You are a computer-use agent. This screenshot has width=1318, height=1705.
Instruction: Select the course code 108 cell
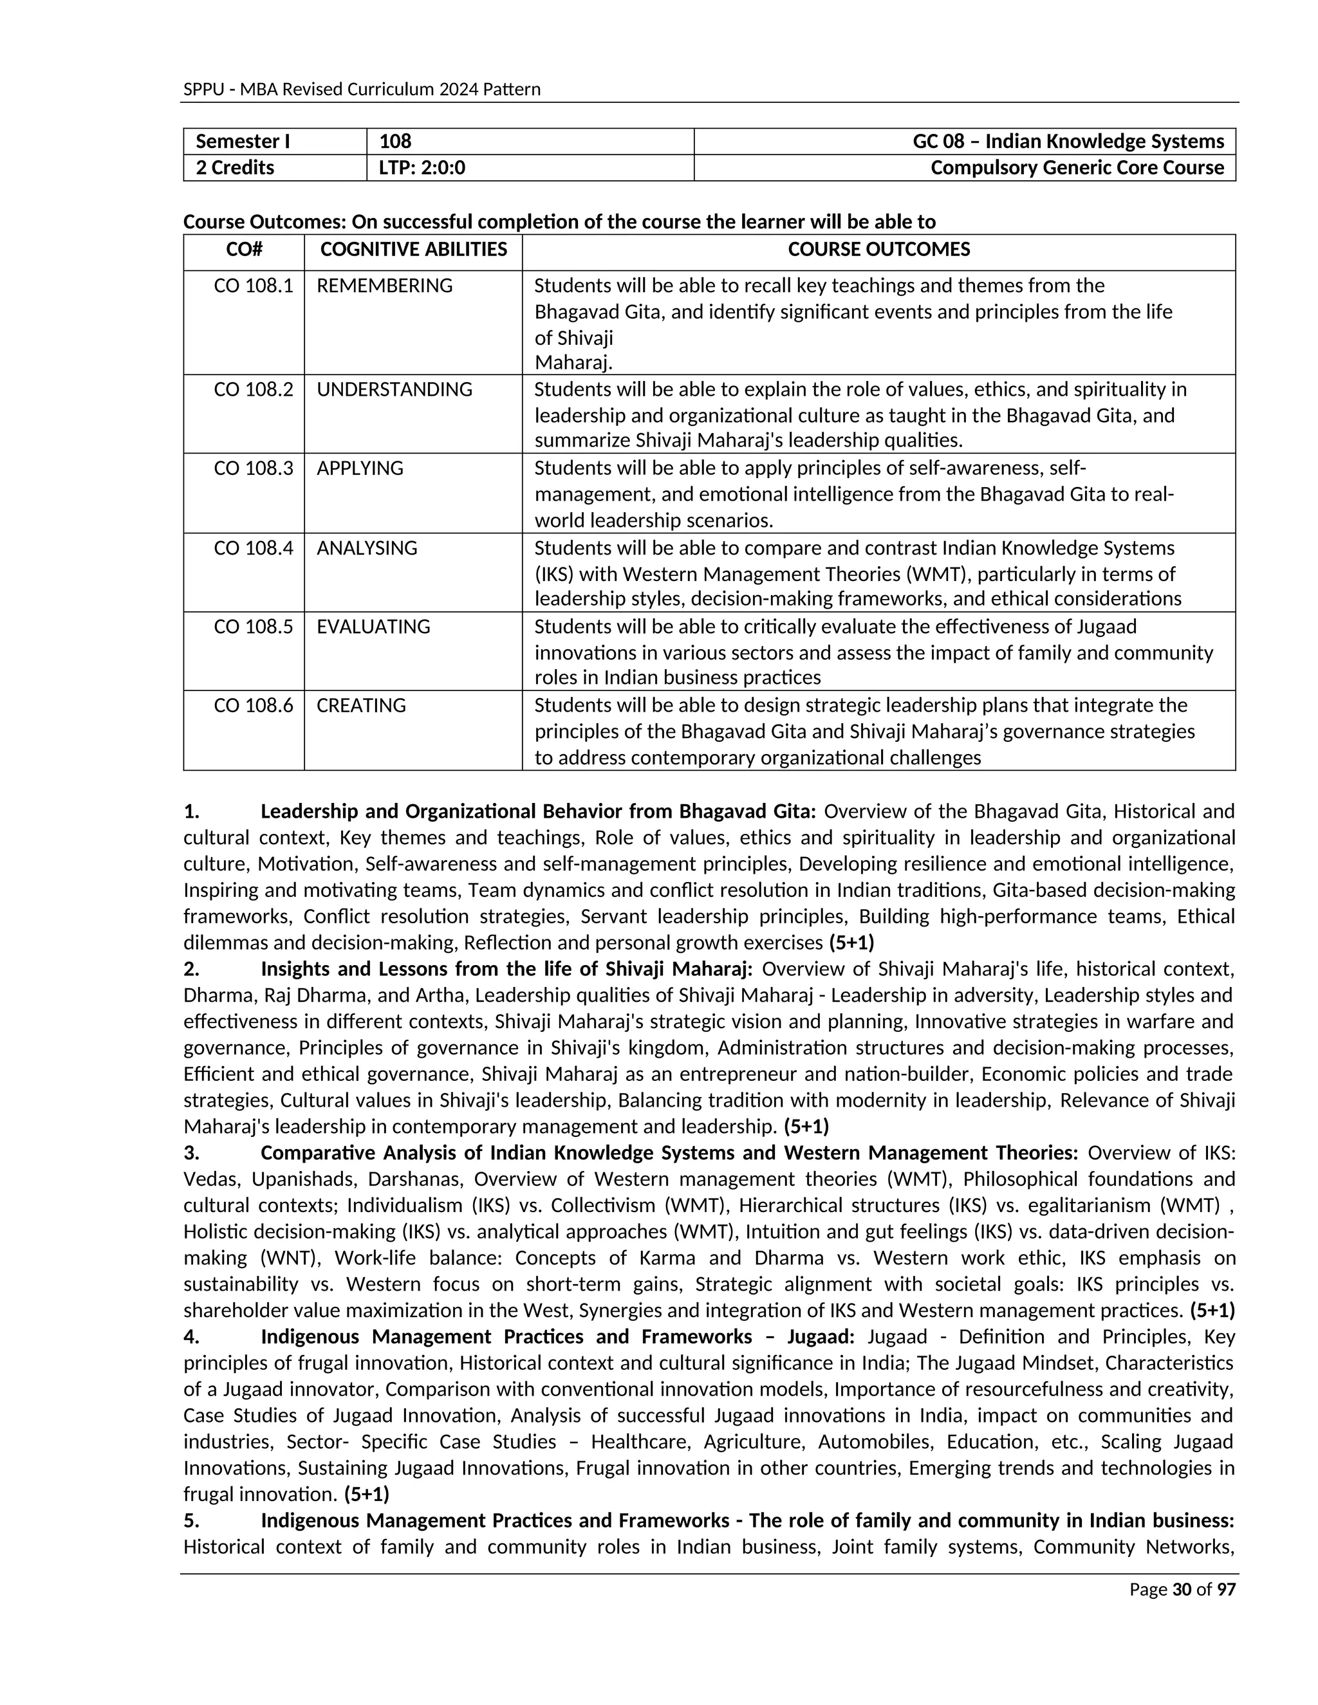[x=395, y=142]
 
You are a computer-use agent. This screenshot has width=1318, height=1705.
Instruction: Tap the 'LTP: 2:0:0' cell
[x=422, y=168]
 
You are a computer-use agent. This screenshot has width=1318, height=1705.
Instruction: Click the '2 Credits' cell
[x=234, y=168]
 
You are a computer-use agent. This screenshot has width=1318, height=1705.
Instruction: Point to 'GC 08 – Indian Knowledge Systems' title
[x=1068, y=142]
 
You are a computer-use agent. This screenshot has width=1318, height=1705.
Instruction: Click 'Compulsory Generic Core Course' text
[x=1077, y=168]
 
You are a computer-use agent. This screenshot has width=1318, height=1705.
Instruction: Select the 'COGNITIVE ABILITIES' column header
[x=413, y=250]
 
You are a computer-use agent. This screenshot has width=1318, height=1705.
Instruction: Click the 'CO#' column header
[x=244, y=250]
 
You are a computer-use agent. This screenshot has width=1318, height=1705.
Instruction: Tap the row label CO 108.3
[x=253, y=468]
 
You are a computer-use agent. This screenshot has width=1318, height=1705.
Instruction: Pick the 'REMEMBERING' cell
[x=384, y=286]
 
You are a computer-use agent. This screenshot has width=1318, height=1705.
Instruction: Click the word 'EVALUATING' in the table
[x=373, y=627]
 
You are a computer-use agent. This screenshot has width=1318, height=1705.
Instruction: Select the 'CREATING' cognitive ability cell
[x=361, y=706]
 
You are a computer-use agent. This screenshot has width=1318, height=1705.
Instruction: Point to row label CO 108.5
[x=253, y=627]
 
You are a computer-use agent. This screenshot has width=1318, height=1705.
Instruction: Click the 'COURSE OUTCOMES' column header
[x=878, y=250]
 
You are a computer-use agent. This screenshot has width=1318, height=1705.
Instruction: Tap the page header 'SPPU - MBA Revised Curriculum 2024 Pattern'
[x=362, y=89]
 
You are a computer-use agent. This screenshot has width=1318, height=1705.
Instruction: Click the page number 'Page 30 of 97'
[x=1182, y=1589]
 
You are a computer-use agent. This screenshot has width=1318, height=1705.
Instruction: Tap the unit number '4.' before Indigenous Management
[x=191, y=1336]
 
